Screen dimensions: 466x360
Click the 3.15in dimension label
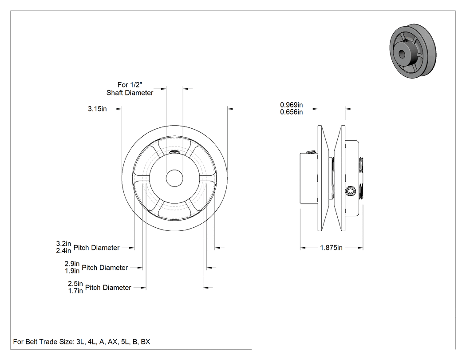click(x=97, y=109)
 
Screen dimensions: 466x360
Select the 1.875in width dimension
click(x=331, y=248)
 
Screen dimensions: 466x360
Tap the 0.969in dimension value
click(x=291, y=105)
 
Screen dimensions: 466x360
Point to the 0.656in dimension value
click(x=291, y=112)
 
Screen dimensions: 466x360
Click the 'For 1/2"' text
click(x=130, y=85)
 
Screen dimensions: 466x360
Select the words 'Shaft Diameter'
click(x=130, y=93)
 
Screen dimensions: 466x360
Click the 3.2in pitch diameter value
click(x=63, y=244)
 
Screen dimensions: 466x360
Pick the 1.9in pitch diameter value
click(x=72, y=271)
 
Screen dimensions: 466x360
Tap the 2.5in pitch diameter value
click(x=75, y=284)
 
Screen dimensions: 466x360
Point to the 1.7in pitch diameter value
click(x=75, y=291)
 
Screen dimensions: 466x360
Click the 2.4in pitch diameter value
click(x=63, y=251)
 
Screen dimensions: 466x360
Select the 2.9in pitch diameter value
click(x=72, y=264)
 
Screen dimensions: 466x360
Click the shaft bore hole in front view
click(x=175, y=178)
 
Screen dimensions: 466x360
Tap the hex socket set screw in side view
click(x=351, y=191)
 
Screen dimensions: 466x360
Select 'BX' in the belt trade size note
click(x=145, y=342)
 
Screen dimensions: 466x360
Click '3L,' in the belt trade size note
click(x=81, y=342)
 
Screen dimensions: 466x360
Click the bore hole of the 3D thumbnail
click(x=402, y=54)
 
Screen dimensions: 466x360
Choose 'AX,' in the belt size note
click(x=113, y=342)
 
